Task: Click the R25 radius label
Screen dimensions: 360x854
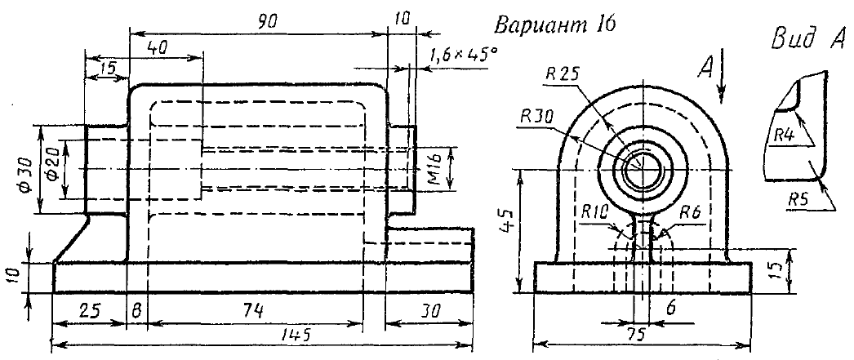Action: (x=563, y=73)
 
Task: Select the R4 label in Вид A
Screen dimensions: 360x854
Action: (x=784, y=133)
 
